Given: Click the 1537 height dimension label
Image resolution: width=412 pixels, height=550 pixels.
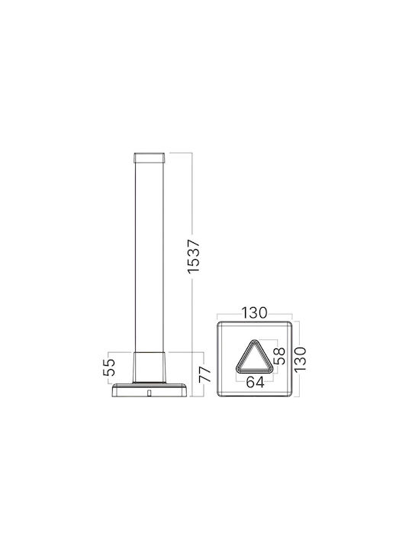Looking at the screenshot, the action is pos(193,256).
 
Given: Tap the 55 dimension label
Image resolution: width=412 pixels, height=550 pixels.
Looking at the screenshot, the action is pos(109,367).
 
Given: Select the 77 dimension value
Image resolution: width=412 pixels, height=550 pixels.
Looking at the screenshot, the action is pos(205,374).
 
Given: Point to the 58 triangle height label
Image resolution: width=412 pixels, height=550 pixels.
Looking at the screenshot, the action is pos(279,356).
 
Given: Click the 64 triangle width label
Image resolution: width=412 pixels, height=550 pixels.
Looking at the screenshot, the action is pos(255,382).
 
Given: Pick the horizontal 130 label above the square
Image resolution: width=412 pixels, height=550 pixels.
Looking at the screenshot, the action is pos(254,312).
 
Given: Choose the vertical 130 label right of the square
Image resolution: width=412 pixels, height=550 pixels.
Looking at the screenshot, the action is pos(301,359).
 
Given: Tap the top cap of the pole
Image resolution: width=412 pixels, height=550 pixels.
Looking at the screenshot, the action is pos(150,158).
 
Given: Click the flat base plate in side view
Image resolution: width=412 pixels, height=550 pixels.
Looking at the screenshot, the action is pos(150,390).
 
